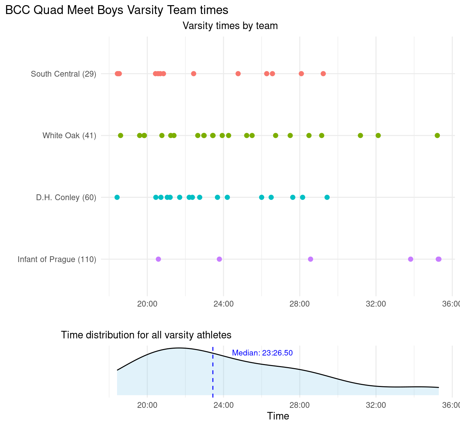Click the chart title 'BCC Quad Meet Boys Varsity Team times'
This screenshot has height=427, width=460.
click(117, 10)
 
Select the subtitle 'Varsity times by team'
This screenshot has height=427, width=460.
click(230, 26)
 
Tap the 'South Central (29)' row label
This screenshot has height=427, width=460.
click(63, 74)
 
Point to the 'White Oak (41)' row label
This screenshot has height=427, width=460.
click(69, 135)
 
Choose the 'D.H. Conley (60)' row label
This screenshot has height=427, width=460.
click(66, 197)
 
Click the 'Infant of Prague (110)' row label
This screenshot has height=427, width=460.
click(57, 259)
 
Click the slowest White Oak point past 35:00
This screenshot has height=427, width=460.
click(437, 135)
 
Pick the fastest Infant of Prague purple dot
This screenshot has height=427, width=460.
click(158, 259)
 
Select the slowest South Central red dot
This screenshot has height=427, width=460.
click(323, 74)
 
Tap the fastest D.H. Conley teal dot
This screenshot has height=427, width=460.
click(117, 197)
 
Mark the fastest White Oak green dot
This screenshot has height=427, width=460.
click(120, 135)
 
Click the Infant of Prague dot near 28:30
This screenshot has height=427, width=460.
click(310, 259)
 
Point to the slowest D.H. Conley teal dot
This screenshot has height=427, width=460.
click(327, 197)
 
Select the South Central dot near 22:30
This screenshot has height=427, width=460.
click(194, 74)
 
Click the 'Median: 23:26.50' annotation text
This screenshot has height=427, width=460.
click(262, 353)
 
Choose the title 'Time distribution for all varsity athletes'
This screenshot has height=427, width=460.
click(146, 335)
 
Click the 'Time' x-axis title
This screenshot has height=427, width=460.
click(278, 416)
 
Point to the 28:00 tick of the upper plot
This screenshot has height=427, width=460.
click(299, 304)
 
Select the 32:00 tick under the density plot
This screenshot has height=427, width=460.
click(376, 405)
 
